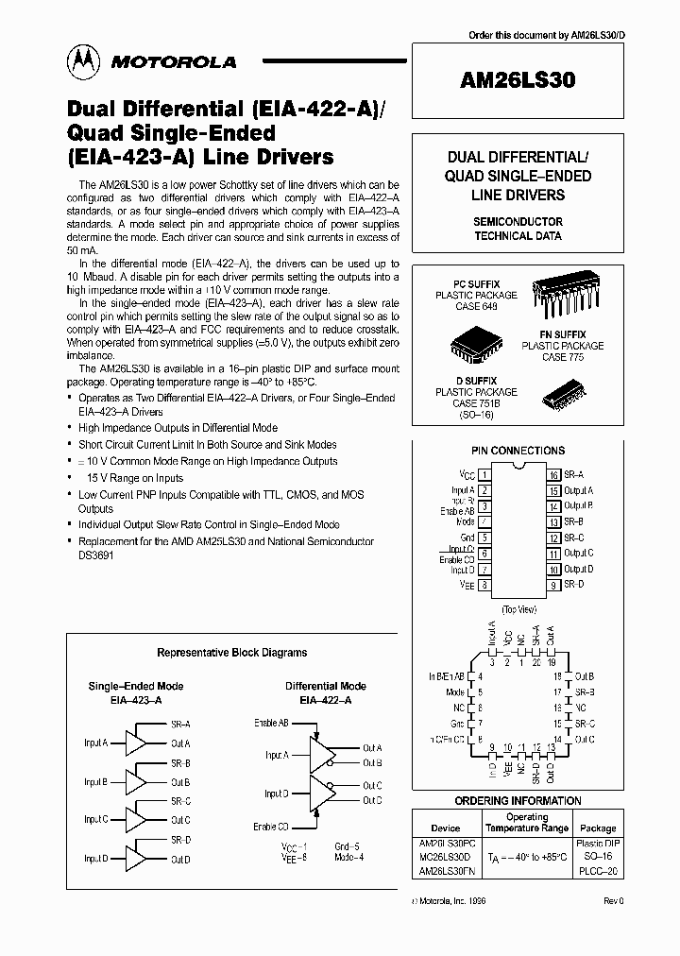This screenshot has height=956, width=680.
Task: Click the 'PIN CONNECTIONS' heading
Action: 518,451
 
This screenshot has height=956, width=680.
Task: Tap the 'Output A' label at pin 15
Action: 578,490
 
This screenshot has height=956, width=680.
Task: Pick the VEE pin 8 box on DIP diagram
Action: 484,586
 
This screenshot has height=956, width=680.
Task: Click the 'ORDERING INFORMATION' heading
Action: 518,801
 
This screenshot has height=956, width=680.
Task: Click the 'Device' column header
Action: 445,828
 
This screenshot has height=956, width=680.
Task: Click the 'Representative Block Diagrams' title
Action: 231,653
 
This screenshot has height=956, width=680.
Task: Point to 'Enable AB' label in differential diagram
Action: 271,723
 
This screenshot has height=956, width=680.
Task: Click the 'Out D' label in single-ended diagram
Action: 180,860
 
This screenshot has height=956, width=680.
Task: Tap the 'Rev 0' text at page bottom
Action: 613,902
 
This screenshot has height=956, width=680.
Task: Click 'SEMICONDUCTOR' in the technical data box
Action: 518,221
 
